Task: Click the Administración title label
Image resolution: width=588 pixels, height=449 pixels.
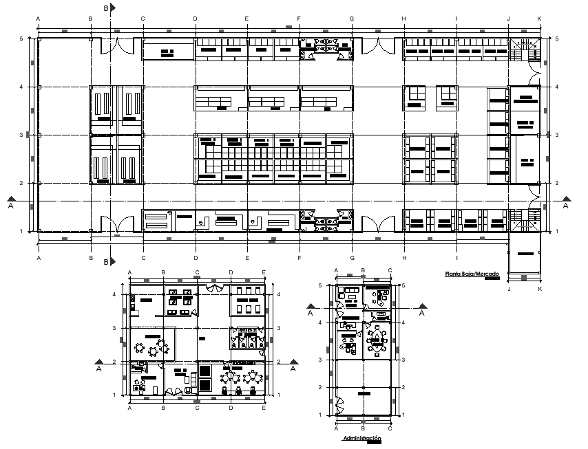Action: pos(361,438)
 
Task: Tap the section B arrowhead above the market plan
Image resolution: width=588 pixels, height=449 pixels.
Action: pos(112,8)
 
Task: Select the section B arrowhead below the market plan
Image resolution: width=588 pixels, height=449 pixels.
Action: pos(112,262)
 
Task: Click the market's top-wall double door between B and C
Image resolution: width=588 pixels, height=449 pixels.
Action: pos(116,47)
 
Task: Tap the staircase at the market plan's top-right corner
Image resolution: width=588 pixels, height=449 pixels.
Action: pos(527,50)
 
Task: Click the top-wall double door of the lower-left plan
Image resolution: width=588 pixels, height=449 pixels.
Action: pos(213,289)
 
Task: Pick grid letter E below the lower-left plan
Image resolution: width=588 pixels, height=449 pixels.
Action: pos(264,408)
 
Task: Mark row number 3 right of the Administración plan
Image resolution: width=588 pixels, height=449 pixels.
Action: pos(402,360)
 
